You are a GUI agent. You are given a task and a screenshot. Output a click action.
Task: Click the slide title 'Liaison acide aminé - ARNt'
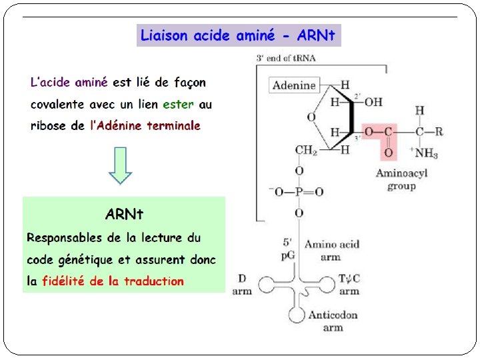click(x=238, y=35)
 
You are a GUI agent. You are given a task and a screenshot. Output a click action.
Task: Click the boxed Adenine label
click(x=294, y=85)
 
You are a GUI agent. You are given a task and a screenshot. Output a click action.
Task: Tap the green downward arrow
click(x=121, y=165)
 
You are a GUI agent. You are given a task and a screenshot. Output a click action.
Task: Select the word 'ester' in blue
click(x=178, y=104)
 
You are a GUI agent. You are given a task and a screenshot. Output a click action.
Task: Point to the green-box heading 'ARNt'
click(x=124, y=214)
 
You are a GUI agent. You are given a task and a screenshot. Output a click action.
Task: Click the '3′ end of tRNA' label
click(x=286, y=58)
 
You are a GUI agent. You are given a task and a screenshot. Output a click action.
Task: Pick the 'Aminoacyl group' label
click(x=401, y=179)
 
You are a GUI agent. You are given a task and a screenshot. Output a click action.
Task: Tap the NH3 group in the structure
click(x=425, y=154)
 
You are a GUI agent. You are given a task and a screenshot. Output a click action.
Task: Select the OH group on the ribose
click(x=373, y=102)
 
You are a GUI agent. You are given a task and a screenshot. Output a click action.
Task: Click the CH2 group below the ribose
click(x=306, y=150)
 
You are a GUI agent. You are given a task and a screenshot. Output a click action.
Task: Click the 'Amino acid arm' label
click(x=331, y=250)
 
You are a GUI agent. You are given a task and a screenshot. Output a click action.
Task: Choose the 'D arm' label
click(x=242, y=285)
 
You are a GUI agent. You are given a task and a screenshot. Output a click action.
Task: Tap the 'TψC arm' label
click(x=349, y=285)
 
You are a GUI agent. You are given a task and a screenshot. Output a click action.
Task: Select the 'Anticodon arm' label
click(x=333, y=321)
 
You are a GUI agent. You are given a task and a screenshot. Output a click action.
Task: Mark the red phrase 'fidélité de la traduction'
click(x=113, y=281)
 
